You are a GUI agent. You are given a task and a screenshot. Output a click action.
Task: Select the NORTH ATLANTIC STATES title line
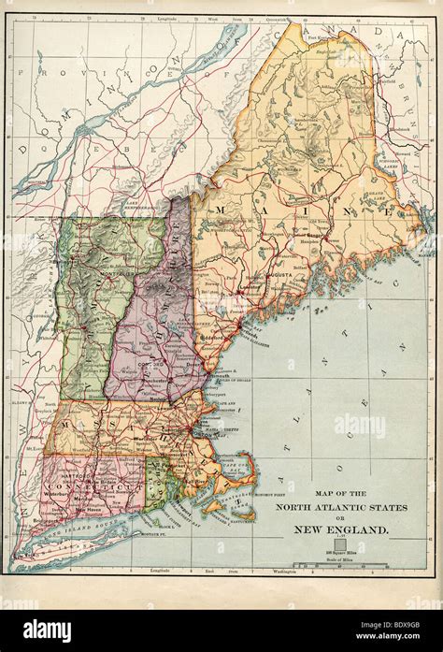pyautogui.click(x=339, y=507)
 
